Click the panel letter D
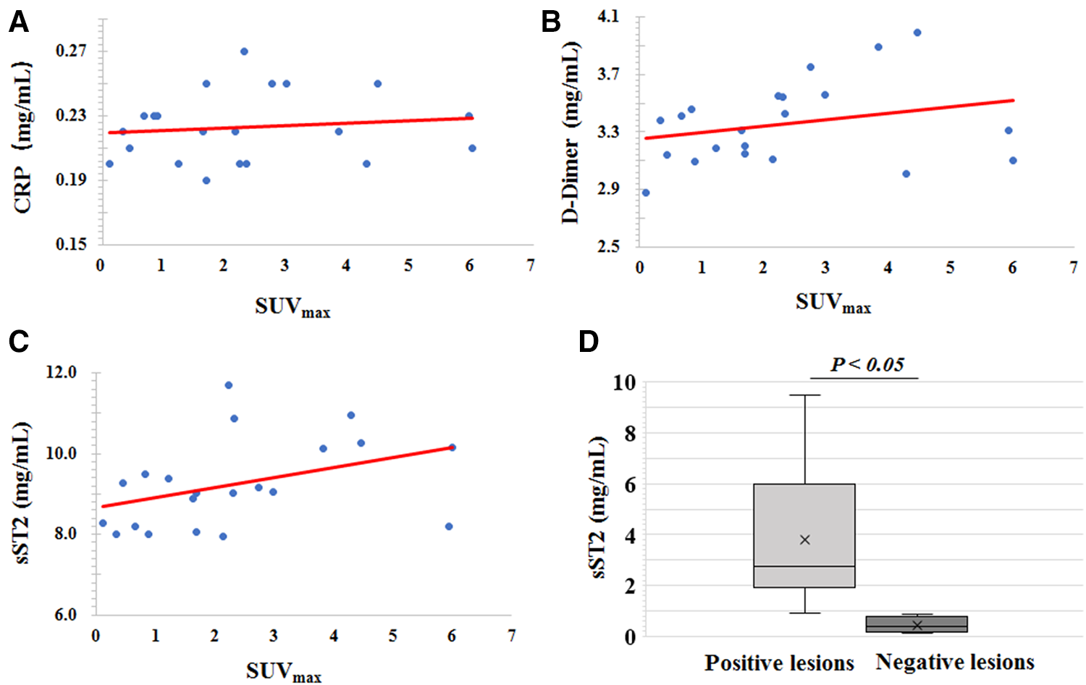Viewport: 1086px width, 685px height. [589, 341]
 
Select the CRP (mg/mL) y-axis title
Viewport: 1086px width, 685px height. [22, 138]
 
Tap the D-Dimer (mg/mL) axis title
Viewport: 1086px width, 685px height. [571, 133]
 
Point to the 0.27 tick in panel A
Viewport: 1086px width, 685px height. [71, 51]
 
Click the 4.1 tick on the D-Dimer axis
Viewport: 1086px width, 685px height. [608, 16]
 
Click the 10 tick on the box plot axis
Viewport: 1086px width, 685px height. [624, 382]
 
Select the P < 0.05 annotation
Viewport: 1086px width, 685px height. [867, 365]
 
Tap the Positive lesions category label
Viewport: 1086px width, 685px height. [779, 663]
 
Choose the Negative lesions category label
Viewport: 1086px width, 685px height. [955, 662]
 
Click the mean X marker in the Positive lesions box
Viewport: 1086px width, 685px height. [804, 539]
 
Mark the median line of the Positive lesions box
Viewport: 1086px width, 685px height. [804, 566]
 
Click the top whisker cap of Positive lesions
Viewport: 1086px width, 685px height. [804, 395]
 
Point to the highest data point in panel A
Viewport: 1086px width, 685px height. [244, 51]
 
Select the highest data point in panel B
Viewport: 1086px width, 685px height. [917, 33]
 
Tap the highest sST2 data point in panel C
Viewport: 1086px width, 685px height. [229, 385]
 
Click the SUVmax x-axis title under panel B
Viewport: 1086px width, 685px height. [833, 303]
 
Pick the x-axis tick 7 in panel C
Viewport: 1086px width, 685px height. [512, 636]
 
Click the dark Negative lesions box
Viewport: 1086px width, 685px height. [917, 624]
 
